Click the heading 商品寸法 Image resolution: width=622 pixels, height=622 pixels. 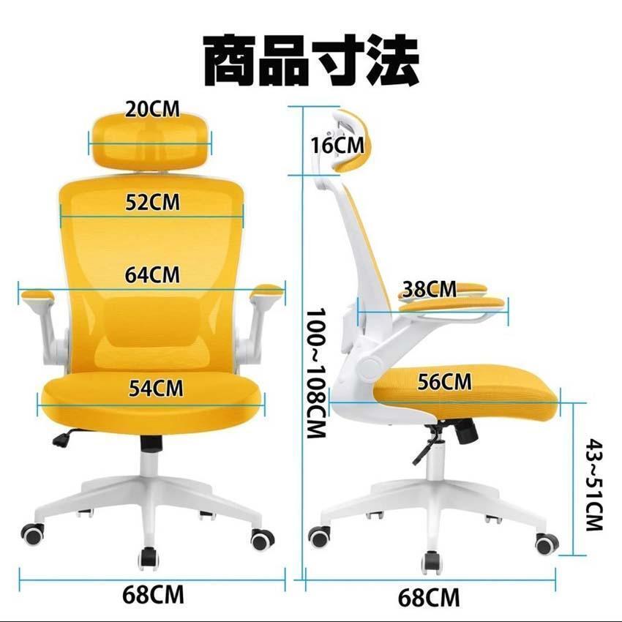(311, 60)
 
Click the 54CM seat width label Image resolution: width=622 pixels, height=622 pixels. (156, 387)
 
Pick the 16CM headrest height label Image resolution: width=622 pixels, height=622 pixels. (336, 145)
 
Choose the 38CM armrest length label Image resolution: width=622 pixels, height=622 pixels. (430, 289)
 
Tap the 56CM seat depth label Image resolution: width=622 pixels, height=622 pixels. (445, 381)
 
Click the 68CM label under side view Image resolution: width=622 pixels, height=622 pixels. (429, 596)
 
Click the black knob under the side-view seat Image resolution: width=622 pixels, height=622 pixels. (465, 432)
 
